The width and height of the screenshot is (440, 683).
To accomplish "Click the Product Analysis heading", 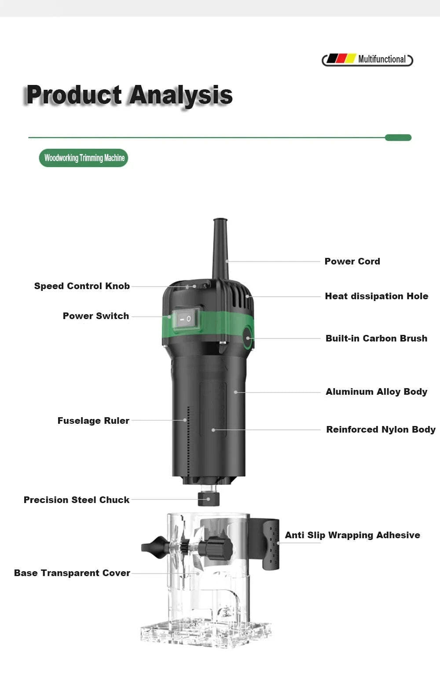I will click(129, 95).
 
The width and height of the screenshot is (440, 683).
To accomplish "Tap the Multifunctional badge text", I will click(381, 59).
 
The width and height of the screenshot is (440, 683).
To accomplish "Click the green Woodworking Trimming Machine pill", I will click(84, 158).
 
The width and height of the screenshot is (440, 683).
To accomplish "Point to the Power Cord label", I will click(352, 261).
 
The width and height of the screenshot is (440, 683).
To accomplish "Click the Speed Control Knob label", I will click(82, 286).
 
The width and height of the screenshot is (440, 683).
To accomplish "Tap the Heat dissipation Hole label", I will click(376, 296).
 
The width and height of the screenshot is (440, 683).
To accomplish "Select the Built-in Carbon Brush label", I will click(376, 338).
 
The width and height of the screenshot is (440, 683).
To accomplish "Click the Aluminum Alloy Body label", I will click(376, 392).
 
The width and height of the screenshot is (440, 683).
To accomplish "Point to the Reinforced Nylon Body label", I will click(381, 430).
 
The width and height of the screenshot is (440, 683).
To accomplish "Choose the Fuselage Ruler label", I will click(93, 421).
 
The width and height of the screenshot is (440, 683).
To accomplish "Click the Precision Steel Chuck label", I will click(77, 500).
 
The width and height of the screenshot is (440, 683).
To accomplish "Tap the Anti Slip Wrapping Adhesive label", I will click(352, 535).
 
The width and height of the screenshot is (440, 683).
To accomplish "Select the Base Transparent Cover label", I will click(72, 573).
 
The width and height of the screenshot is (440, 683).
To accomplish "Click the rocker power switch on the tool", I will click(186, 319).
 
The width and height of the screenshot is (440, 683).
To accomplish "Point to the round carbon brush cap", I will click(248, 338).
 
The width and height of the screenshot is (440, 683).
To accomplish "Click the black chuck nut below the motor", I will click(208, 499).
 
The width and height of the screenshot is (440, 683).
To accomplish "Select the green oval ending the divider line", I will click(398, 138).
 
